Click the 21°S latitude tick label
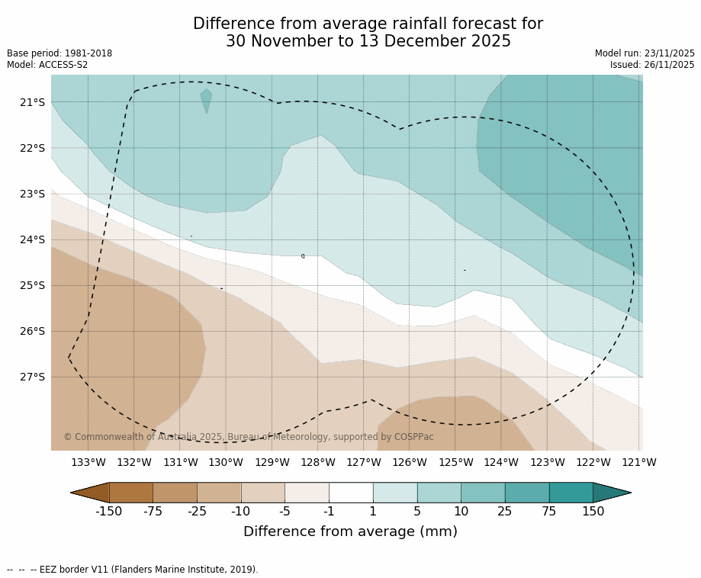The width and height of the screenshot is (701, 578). pyautogui.click(x=32, y=102)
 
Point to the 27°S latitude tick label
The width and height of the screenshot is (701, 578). pyautogui.click(x=32, y=377)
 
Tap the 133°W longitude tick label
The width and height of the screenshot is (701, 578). pyautogui.click(x=88, y=462)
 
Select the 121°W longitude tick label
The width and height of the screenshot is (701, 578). pyautogui.click(x=639, y=462)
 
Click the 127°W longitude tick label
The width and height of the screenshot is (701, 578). pyautogui.click(x=363, y=462)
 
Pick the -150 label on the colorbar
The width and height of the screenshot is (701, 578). pyautogui.click(x=108, y=512)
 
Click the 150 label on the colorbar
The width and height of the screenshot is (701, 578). pyautogui.click(x=593, y=512)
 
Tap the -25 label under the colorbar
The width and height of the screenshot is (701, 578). pyautogui.click(x=197, y=512)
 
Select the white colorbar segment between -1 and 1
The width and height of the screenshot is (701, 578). pyautogui.click(x=351, y=493)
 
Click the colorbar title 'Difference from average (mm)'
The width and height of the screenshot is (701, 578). pyautogui.click(x=350, y=532)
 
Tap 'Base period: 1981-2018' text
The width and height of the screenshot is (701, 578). pyautogui.click(x=59, y=53)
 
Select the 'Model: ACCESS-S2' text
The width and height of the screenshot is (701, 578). pyautogui.click(x=47, y=65)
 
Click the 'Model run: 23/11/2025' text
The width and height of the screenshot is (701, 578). pyautogui.click(x=645, y=53)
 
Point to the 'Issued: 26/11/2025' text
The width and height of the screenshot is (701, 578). pyautogui.click(x=652, y=65)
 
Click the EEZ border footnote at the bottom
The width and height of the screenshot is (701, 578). pyautogui.click(x=133, y=570)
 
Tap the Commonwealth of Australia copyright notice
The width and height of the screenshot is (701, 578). pyautogui.click(x=248, y=437)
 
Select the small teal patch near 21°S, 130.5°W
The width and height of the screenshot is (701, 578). pyautogui.click(x=206, y=98)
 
